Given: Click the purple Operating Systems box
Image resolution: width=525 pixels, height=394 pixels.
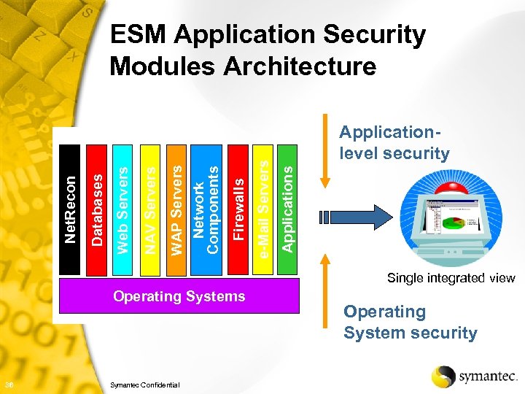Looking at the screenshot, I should (179, 297).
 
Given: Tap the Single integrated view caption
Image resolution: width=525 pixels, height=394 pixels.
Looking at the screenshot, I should (451, 277).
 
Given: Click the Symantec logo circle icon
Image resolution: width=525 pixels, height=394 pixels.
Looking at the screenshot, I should (443, 376).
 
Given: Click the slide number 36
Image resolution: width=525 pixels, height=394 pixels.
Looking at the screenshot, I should (7, 385).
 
